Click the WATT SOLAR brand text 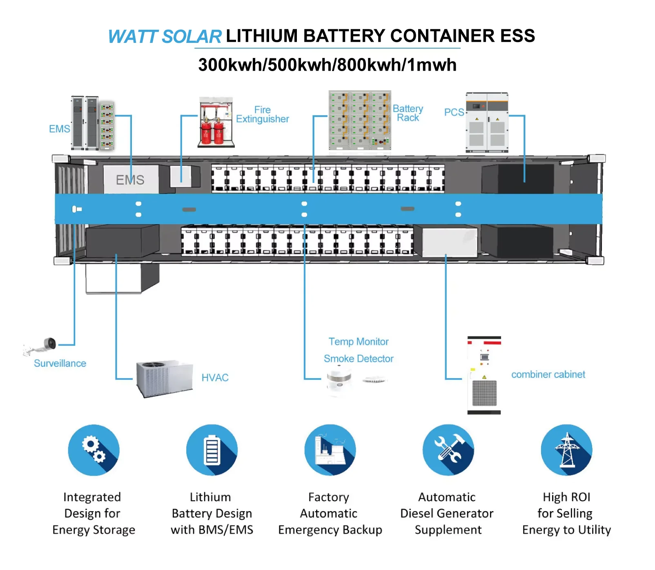click(x=165, y=37)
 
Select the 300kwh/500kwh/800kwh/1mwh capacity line click(x=327, y=65)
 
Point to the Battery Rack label click(x=408, y=113)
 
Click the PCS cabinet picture click(x=487, y=122)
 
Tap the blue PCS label click(x=454, y=112)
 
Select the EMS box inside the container click(x=130, y=180)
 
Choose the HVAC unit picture click(x=164, y=378)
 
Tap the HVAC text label click(x=215, y=378)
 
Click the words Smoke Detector click(x=358, y=358)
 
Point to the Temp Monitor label click(x=358, y=341)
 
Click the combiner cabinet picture click(x=484, y=375)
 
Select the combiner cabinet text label click(x=548, y=374)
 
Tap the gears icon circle click(x=94, y=450)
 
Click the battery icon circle click(x=212, y=450)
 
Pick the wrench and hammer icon click(x=448, y=450)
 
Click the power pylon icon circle click(x=566, y=450)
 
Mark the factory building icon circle click(x=330, y=450)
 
